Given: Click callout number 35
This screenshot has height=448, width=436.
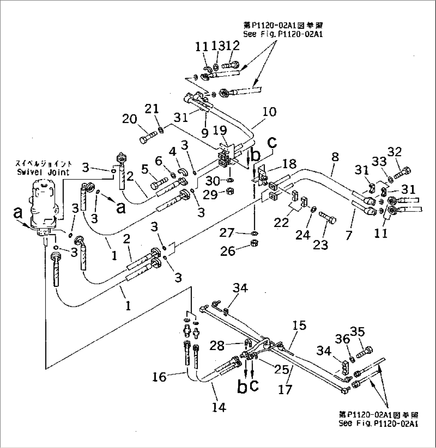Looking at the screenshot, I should [357, 331].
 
